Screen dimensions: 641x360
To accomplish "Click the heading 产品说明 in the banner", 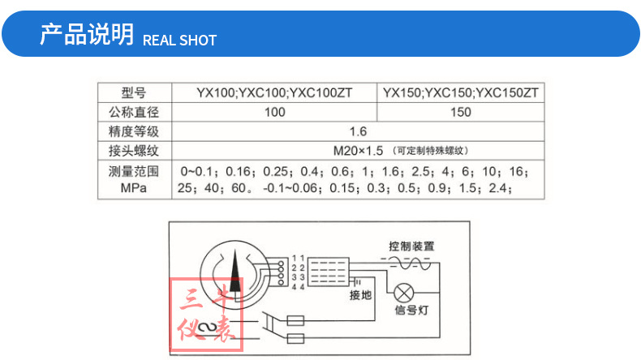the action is (87, 34).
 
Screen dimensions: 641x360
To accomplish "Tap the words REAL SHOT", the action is (179, 40).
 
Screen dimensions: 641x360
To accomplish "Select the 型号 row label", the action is (134, 92).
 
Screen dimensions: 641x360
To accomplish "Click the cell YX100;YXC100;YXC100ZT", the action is (274, 92).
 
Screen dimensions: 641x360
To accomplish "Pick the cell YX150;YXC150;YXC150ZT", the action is (460, 92).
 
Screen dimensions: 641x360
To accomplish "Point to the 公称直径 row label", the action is (134, 112).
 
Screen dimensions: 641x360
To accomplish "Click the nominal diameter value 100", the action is (274, 112).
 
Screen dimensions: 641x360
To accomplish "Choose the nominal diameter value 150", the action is (461, 112).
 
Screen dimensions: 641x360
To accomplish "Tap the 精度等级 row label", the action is (134, 131).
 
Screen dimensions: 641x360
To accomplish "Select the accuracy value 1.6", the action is (358, 131).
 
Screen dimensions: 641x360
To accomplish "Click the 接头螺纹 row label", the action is (134, 150).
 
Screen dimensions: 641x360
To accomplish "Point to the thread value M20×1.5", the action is (358, 151).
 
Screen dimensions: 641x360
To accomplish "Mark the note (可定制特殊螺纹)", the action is (431, 150).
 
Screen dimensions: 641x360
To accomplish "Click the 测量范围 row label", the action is (134, 171).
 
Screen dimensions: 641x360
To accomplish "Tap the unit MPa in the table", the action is (134, 188).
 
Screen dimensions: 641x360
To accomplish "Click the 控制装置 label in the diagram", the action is (411, 246).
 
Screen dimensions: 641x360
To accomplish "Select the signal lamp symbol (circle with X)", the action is (404, 294).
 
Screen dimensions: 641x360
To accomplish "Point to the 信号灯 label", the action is (411, 311).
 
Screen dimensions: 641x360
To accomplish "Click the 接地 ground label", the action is (360, 295).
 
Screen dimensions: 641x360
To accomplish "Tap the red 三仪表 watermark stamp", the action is (206, 315).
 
